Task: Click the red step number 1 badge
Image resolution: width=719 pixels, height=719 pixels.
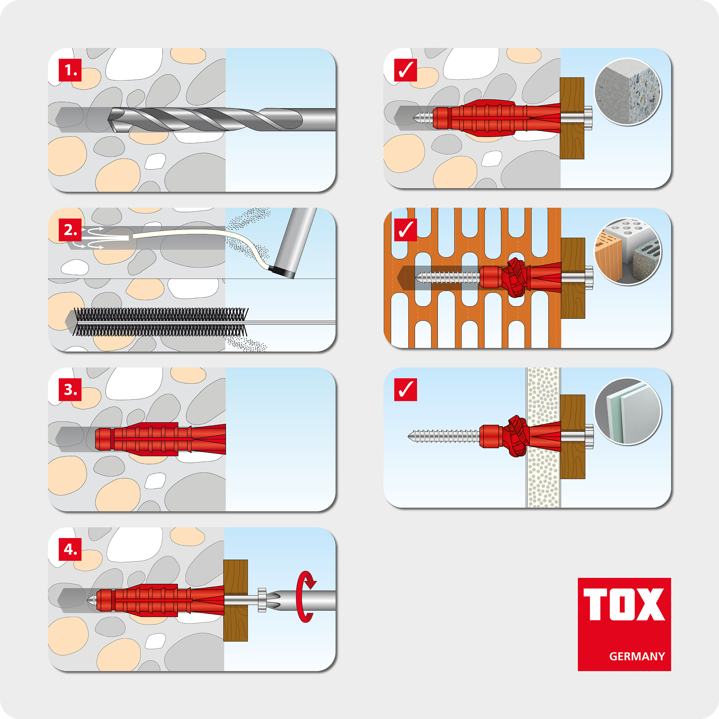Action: tap(70, 70)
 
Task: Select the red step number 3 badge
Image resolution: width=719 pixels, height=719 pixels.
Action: tap(70, 390)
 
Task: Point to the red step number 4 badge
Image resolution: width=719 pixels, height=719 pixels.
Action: tap(70, 549)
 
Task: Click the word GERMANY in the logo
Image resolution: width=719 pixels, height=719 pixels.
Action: tap(637, 656)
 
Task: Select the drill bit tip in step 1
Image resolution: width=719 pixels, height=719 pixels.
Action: tap(109, 120)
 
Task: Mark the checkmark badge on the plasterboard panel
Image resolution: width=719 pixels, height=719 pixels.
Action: tap(405, 390)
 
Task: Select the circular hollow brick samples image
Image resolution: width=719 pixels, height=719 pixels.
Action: tap(627, 252)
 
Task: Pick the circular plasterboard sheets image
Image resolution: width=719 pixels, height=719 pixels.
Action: tap(627, 412)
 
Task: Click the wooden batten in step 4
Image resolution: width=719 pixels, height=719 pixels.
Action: tap(236, 600)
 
